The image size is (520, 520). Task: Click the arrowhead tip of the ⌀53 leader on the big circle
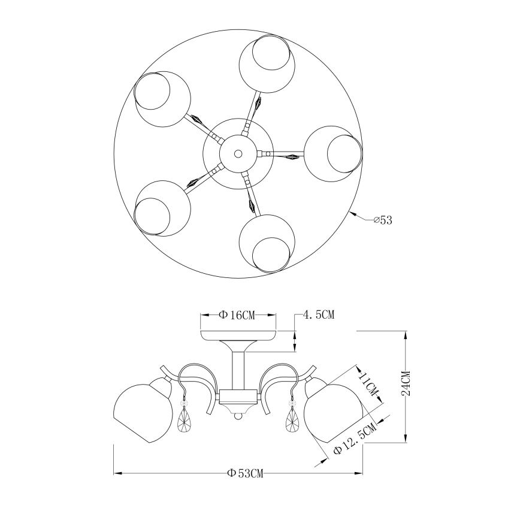pos(351,211)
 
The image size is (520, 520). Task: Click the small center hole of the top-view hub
pos(238,153)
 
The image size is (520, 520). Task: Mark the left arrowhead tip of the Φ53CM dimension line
pos(114,473)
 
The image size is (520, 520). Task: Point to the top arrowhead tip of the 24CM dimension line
pos(405,331)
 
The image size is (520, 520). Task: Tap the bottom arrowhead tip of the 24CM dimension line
pos(405,442)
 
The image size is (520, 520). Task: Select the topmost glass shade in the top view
pos(267,63)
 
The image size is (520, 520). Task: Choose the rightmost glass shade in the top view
pos(332,153)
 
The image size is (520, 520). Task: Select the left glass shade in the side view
pos(143,410)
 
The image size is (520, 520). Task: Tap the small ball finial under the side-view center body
pos(238,416)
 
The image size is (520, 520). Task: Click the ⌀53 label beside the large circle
pos(383,220)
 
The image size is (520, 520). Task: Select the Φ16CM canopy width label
pos(237,315)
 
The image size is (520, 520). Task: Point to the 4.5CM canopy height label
pos(318,315)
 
